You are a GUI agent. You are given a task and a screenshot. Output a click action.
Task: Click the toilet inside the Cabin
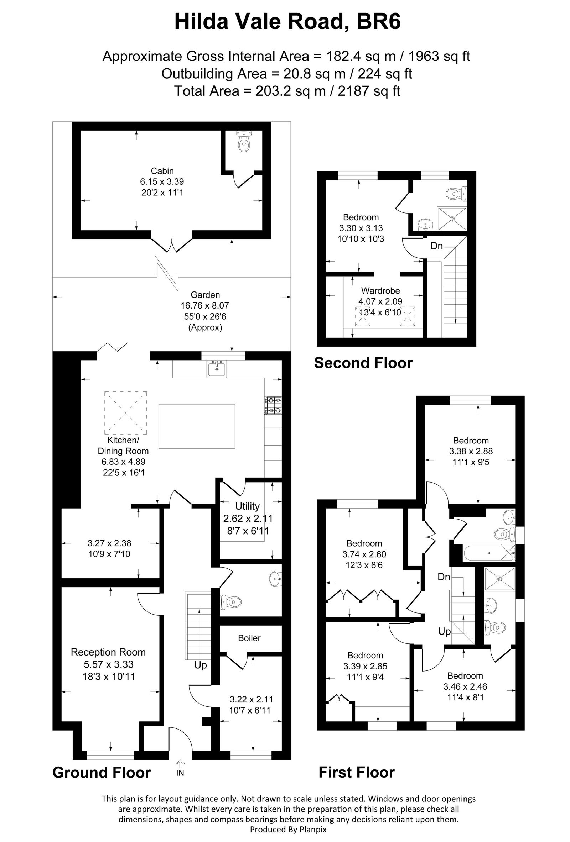[x=244, y=142]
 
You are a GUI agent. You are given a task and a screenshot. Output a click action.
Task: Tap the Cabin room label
[x=162, y=171]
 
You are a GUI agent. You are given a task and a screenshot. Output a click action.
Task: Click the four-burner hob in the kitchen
[x=273, y=405]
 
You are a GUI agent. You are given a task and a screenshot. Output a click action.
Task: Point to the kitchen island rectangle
[x=197, y=426]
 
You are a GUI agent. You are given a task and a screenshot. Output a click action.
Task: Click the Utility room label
[x=247, y=506]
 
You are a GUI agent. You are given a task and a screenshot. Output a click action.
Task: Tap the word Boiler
[x=249, y=638]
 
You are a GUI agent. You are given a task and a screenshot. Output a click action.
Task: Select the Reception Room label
[x=108, y=652]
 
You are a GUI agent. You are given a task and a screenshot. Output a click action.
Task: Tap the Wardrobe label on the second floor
[x=380, y=290]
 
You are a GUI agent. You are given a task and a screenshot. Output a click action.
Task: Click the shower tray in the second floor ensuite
[x=452, y=219]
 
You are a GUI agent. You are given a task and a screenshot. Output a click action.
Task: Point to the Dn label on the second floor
[x=436, y=246]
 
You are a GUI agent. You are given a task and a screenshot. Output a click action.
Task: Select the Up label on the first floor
[x=444, y=631]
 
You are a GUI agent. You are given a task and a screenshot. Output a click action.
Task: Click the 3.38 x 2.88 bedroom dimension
[x=471, y=452]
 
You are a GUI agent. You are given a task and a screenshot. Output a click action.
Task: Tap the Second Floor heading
[x=363, y=363]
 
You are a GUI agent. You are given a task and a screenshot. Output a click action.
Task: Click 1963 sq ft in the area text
[x=440, y=56]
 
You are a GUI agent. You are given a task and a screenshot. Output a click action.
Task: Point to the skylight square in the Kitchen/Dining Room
[x=126, y=413]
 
